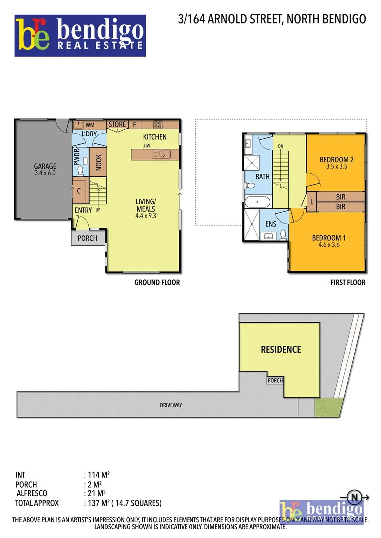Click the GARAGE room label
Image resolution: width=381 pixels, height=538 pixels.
coord(45,166)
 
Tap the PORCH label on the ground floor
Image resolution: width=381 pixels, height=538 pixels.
coord(87,238)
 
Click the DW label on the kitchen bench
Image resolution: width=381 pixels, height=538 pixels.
coord(147,146)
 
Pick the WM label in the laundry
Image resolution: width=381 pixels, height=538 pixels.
coord(90,125)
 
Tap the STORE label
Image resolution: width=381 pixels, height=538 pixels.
coord(117,124)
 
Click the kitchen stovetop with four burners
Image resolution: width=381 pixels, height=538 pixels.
coord(158,125)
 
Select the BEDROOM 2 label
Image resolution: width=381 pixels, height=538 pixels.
coord(336,160)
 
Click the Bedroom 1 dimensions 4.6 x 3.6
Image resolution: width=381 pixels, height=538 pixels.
coord(329,245)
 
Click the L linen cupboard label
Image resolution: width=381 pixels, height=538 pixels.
coord(312,202)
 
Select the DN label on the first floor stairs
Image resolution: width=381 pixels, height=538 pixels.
coord(281,146)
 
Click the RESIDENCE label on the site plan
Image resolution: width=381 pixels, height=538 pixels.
coord(281,350)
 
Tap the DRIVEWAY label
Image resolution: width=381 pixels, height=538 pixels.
coord(171,405)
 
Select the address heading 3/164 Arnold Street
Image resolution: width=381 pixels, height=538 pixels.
coord(272,19)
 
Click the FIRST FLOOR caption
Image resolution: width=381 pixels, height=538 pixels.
coord(348,282)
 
